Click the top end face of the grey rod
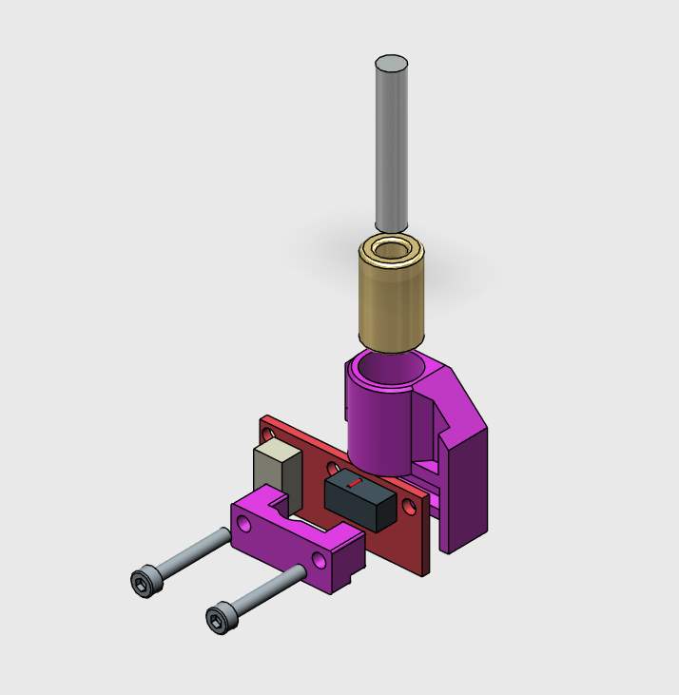click(391, 64)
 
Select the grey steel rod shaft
click(391, 152)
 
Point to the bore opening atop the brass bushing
click(391, 251)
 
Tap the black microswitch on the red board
click(359, 499)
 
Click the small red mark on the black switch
click(353, 484)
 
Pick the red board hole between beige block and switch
click(330, 468)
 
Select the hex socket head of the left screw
click(143, 582)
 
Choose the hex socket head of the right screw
click(220, 620)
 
